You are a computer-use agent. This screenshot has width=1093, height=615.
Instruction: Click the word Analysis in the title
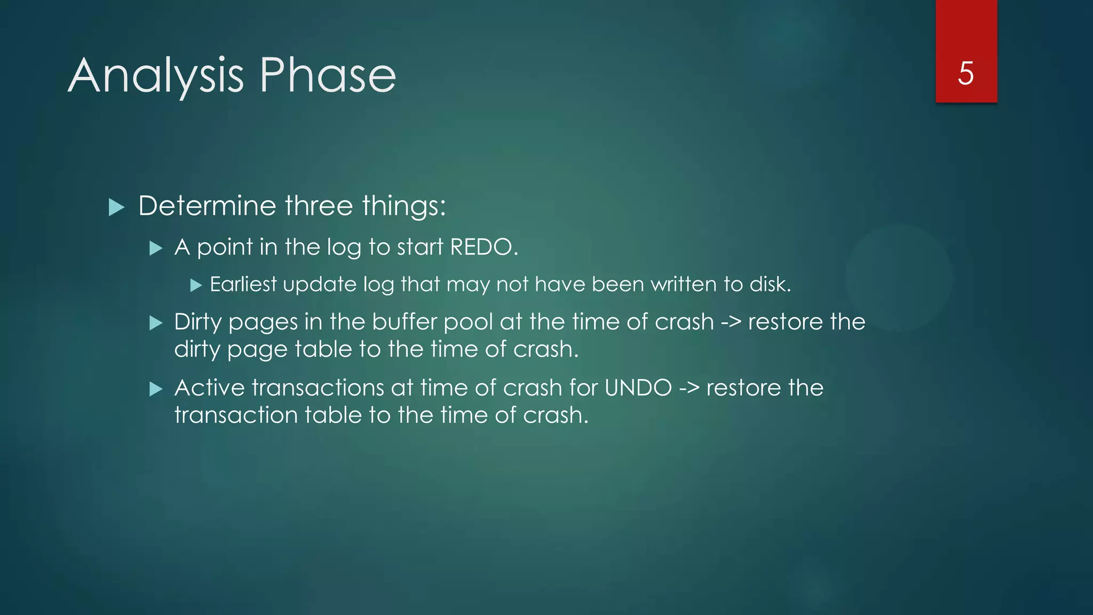coord(156,76)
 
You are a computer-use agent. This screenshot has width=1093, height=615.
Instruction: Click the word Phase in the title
coord(328,75)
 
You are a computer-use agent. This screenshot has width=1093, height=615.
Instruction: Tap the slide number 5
coord(965,73)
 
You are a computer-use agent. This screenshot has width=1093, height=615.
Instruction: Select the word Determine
coord(206,206)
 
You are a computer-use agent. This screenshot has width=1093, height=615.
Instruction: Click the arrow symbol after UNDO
coord(688,388)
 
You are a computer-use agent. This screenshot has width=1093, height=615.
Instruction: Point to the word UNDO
coord(638,388)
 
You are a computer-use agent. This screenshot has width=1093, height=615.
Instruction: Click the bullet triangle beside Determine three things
coord(116,207)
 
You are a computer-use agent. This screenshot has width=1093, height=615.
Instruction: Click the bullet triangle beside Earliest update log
coord(196,286)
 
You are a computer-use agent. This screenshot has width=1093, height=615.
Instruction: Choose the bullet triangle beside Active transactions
coord(156,389)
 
